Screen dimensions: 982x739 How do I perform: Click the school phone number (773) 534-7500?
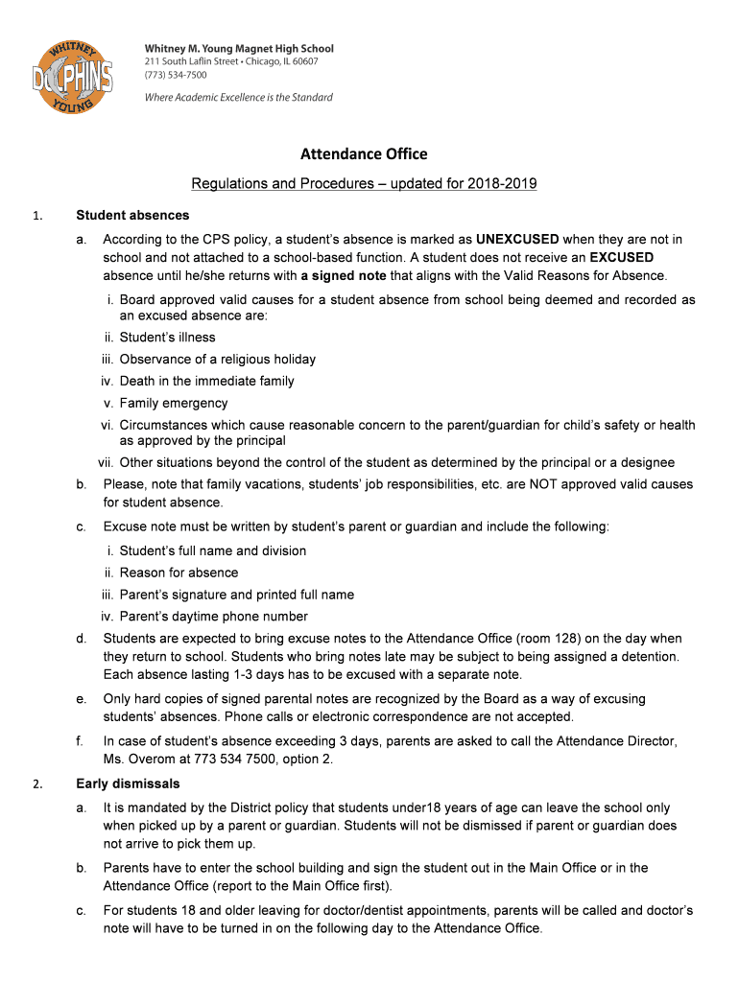[175, 75]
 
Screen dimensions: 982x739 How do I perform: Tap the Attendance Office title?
[364, 153]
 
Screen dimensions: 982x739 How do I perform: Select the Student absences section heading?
[132, 215]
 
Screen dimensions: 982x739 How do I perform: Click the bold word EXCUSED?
[622, 257]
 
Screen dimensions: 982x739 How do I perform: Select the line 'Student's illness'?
[167, 338]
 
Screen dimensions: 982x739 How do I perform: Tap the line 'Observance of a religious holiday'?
[217, 360]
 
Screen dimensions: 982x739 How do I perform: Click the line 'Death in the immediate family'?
[206, 382]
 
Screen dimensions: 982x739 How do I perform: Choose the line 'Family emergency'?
[174, 404]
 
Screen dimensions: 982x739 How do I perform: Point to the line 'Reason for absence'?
[179, 573]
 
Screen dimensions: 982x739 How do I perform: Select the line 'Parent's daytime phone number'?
[213, 617]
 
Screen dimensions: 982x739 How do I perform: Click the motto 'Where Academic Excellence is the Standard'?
[238, 97]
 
